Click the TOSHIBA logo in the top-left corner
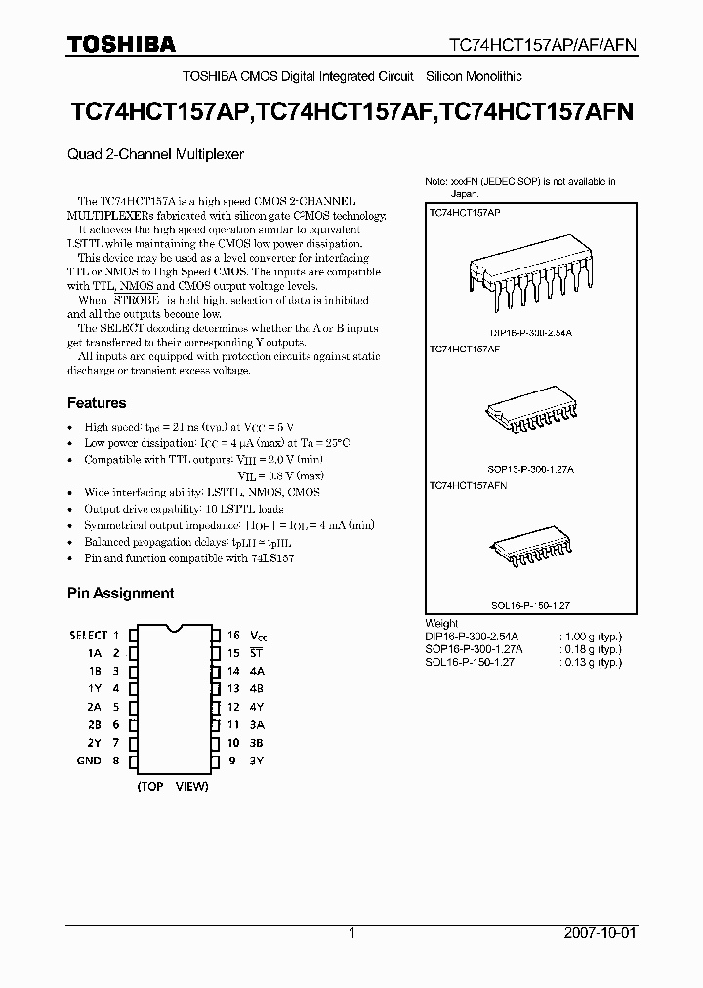(121, 44)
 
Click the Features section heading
(96, 403)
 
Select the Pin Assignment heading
(120, 593)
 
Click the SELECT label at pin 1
(88, 635)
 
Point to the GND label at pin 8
(89, 761)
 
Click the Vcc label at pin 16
(259, 635)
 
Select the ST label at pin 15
(259, 653)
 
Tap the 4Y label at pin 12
(259, 707)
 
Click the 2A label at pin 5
(95, 707)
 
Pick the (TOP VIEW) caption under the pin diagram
(173, 786)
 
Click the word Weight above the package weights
(441, 624)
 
